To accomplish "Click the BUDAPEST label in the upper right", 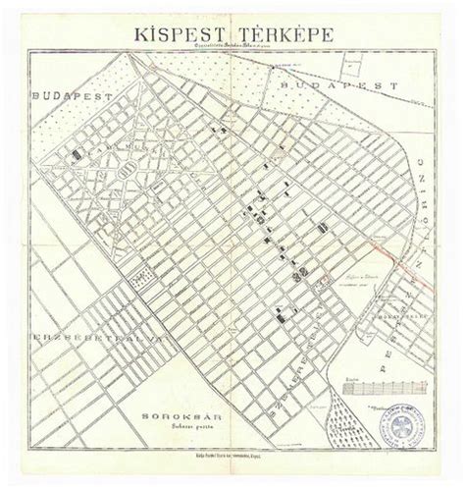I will point(338,85).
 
